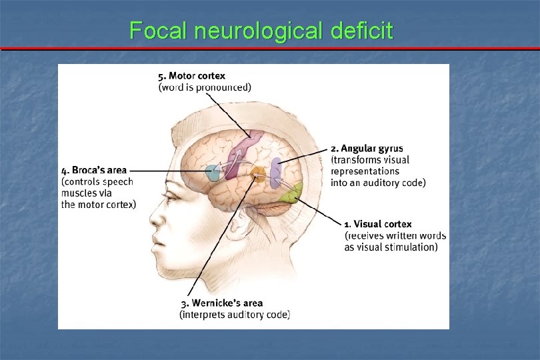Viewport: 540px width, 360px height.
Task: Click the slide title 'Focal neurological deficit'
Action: pyautogui.click(x=261, y=30)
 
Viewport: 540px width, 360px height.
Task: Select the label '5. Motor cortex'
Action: pyautogui.click(x=191, y=76)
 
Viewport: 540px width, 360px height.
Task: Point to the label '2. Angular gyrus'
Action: pyautogui.click(x=367, y=148)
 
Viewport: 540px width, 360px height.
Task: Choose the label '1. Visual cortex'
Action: pyautogui.click(x=378, y=224)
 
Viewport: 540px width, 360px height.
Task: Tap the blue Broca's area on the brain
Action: pyautogui.click(x=213, y=173)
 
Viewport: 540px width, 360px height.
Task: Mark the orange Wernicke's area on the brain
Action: pyautogui.click(x=257, y=176)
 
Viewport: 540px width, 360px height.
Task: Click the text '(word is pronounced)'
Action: pyautogui.click(x=205, y=87)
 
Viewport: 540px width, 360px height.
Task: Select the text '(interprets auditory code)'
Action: pyautogui.click(x=235, y=315)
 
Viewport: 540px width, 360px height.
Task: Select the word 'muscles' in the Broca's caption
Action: pyautogui.click(x=77, y=193)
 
